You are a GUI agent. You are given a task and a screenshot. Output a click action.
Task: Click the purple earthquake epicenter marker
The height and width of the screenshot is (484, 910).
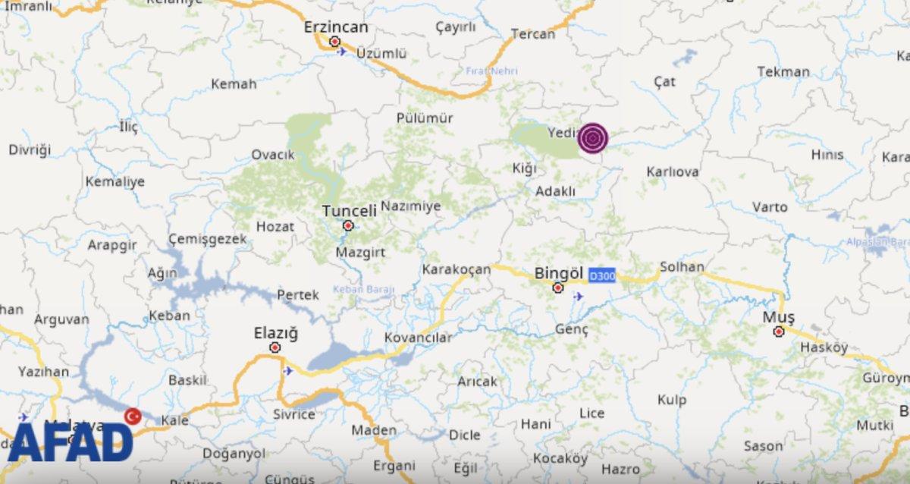[x=593, y=138]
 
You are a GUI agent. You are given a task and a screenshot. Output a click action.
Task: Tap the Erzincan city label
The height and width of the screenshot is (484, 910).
[x=335, y=27]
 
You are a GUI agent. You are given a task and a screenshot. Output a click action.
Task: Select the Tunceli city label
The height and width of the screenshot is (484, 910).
[x=349, y=211]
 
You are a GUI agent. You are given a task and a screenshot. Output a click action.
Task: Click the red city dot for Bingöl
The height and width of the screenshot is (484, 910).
[x=558, y=288]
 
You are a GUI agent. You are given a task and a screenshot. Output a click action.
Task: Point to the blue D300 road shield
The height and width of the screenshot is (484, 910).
[x=602, y=277]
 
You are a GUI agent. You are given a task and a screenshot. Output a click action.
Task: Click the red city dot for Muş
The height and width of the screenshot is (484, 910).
[x=778, y=332]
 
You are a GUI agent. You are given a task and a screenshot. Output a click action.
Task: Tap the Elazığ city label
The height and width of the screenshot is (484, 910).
[x=275, y=333]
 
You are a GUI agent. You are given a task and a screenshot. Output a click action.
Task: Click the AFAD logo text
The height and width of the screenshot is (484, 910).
[x=70, y=442]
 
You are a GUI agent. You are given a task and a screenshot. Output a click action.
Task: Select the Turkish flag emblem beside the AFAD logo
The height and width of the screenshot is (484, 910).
[x=133, y=416]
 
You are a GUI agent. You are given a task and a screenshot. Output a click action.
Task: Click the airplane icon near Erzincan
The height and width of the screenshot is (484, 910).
[x=342, y=52]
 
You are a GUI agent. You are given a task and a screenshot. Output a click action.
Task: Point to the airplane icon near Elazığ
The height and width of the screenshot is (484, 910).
[x=287, y=371]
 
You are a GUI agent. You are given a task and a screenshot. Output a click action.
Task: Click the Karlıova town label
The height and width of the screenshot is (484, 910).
[x=672, y=172]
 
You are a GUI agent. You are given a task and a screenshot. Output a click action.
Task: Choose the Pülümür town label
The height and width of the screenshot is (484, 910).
[x=425, y=118]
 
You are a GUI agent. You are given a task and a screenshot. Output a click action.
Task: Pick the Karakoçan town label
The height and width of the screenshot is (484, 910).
[x=456, y=269]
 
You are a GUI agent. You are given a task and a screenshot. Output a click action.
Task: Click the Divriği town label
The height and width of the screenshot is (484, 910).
[x=29, y=149]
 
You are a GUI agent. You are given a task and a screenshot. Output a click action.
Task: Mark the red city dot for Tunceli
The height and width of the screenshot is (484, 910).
[x=348, y=225]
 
